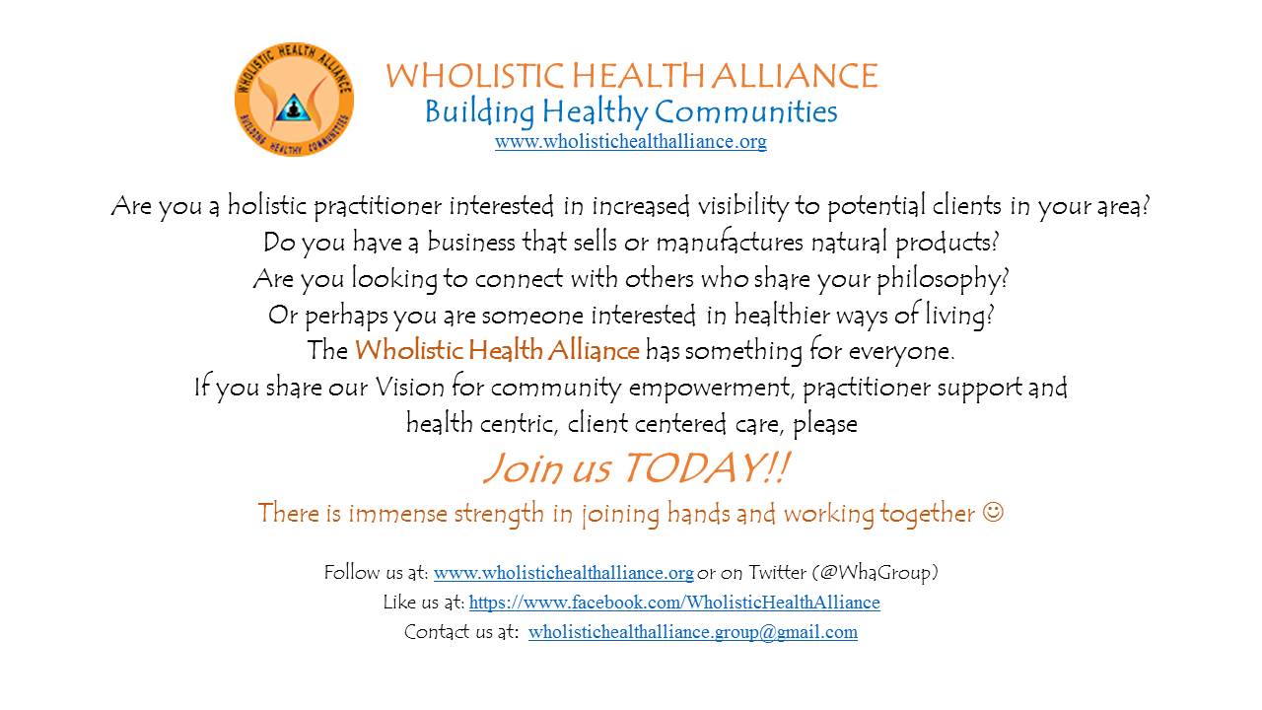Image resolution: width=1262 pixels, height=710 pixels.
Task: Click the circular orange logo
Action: click(294, 100)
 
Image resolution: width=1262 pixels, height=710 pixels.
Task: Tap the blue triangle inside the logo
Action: click(293, 107)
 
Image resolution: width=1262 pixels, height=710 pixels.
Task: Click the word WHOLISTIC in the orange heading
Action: click(475, 76)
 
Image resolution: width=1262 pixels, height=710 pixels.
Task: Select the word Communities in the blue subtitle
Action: click(745, 111)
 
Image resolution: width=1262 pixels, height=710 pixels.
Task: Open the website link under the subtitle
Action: click(630, 141)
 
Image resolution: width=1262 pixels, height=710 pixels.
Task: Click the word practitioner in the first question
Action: click(377, 206)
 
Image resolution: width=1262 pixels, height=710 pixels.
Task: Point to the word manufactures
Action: click(730, 242)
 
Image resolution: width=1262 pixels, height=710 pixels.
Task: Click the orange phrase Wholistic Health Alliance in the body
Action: click(497, 350)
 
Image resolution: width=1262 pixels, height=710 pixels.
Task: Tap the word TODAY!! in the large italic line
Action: click(707, 467)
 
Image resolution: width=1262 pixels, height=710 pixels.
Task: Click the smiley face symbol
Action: click(993, 512)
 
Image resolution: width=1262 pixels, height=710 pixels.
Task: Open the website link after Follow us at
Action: click(563, 573)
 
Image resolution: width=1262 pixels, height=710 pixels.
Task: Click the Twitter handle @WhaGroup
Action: click(875, 573)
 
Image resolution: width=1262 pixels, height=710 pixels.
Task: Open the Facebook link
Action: click(674, 603)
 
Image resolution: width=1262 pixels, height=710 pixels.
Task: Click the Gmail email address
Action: click(693, 632)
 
